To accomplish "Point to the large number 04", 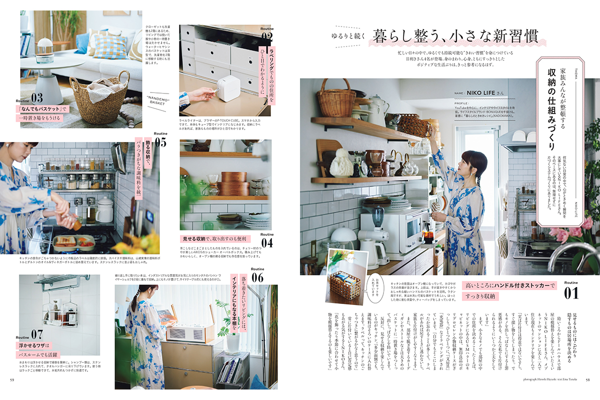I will click(267, 242).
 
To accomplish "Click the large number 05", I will click(160, 142).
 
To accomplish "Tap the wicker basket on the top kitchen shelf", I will click(336, 99).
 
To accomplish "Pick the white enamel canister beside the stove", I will click(105, 209).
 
